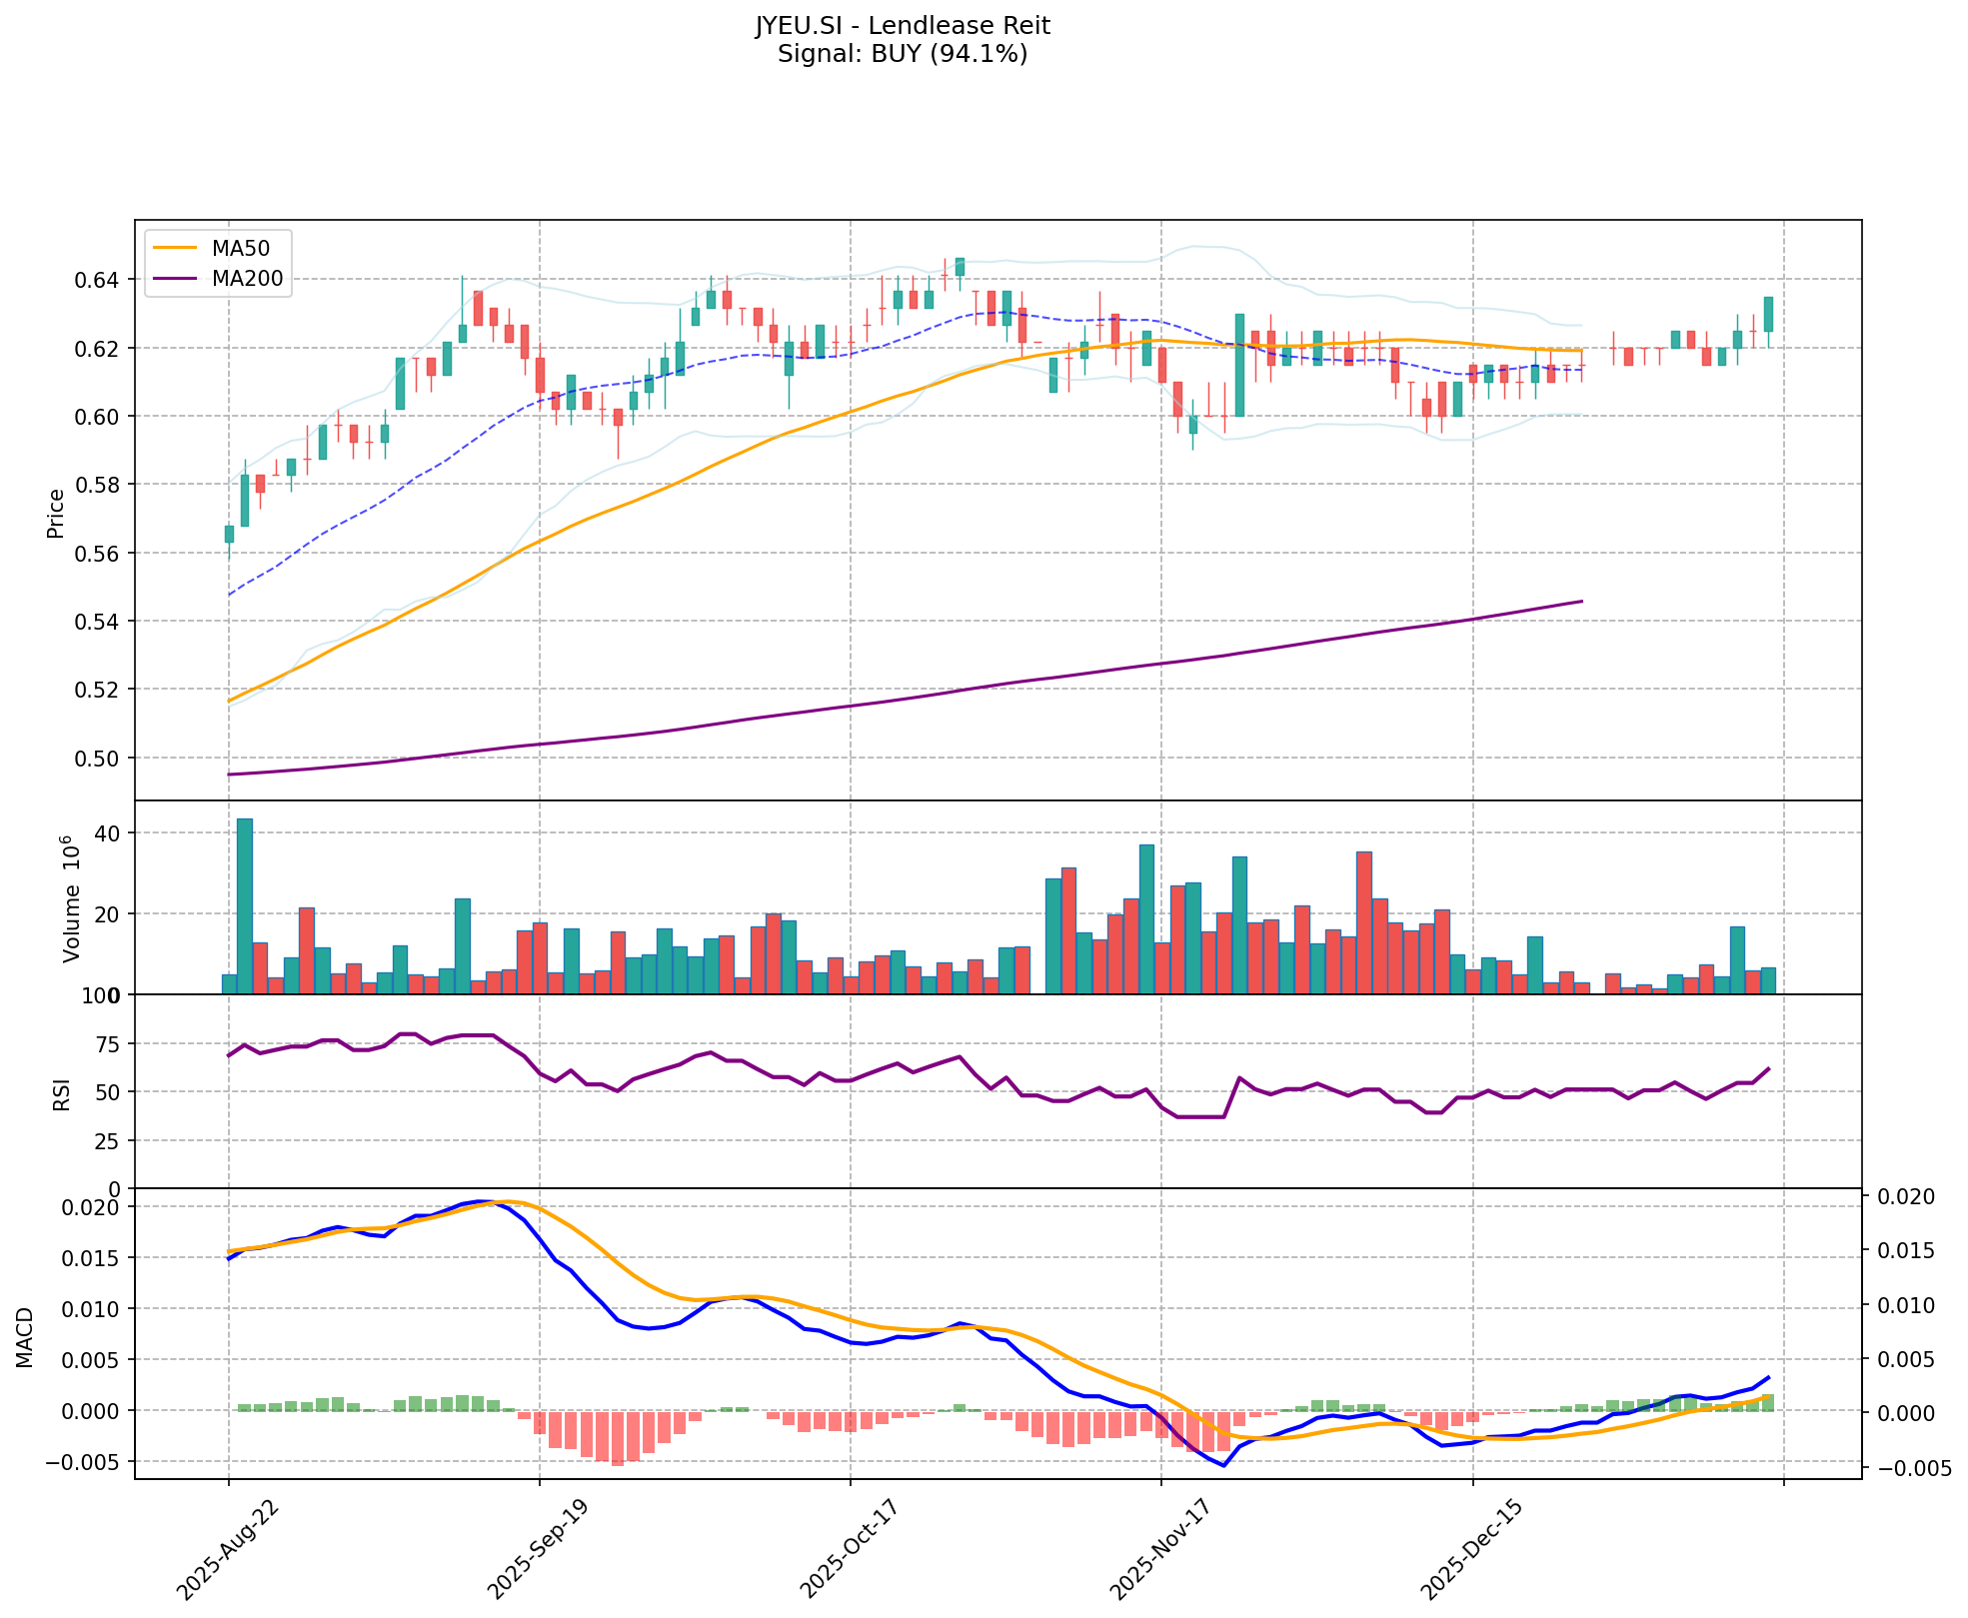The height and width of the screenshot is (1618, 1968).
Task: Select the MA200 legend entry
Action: [x=247, y=279]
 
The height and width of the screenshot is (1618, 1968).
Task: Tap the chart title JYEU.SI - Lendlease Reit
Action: [x=902, y=26]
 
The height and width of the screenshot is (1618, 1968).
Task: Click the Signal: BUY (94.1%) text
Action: [x=902, y=54]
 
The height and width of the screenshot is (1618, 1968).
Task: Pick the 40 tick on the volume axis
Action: [x=110, y=833]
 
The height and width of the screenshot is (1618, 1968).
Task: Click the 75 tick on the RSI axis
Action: [x=110, y=1044]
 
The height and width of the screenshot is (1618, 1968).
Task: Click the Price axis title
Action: [x=56, y=513]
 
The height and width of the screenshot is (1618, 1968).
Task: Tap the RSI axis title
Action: [x=62, y=1093]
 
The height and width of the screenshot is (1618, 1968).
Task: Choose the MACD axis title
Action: [x=26, y=1337]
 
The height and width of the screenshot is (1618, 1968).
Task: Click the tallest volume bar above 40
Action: [x=244, y=905]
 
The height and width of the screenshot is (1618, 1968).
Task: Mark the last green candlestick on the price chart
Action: [x=1768, y=314]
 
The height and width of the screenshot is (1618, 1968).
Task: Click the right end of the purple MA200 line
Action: [x=1581, y=601]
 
